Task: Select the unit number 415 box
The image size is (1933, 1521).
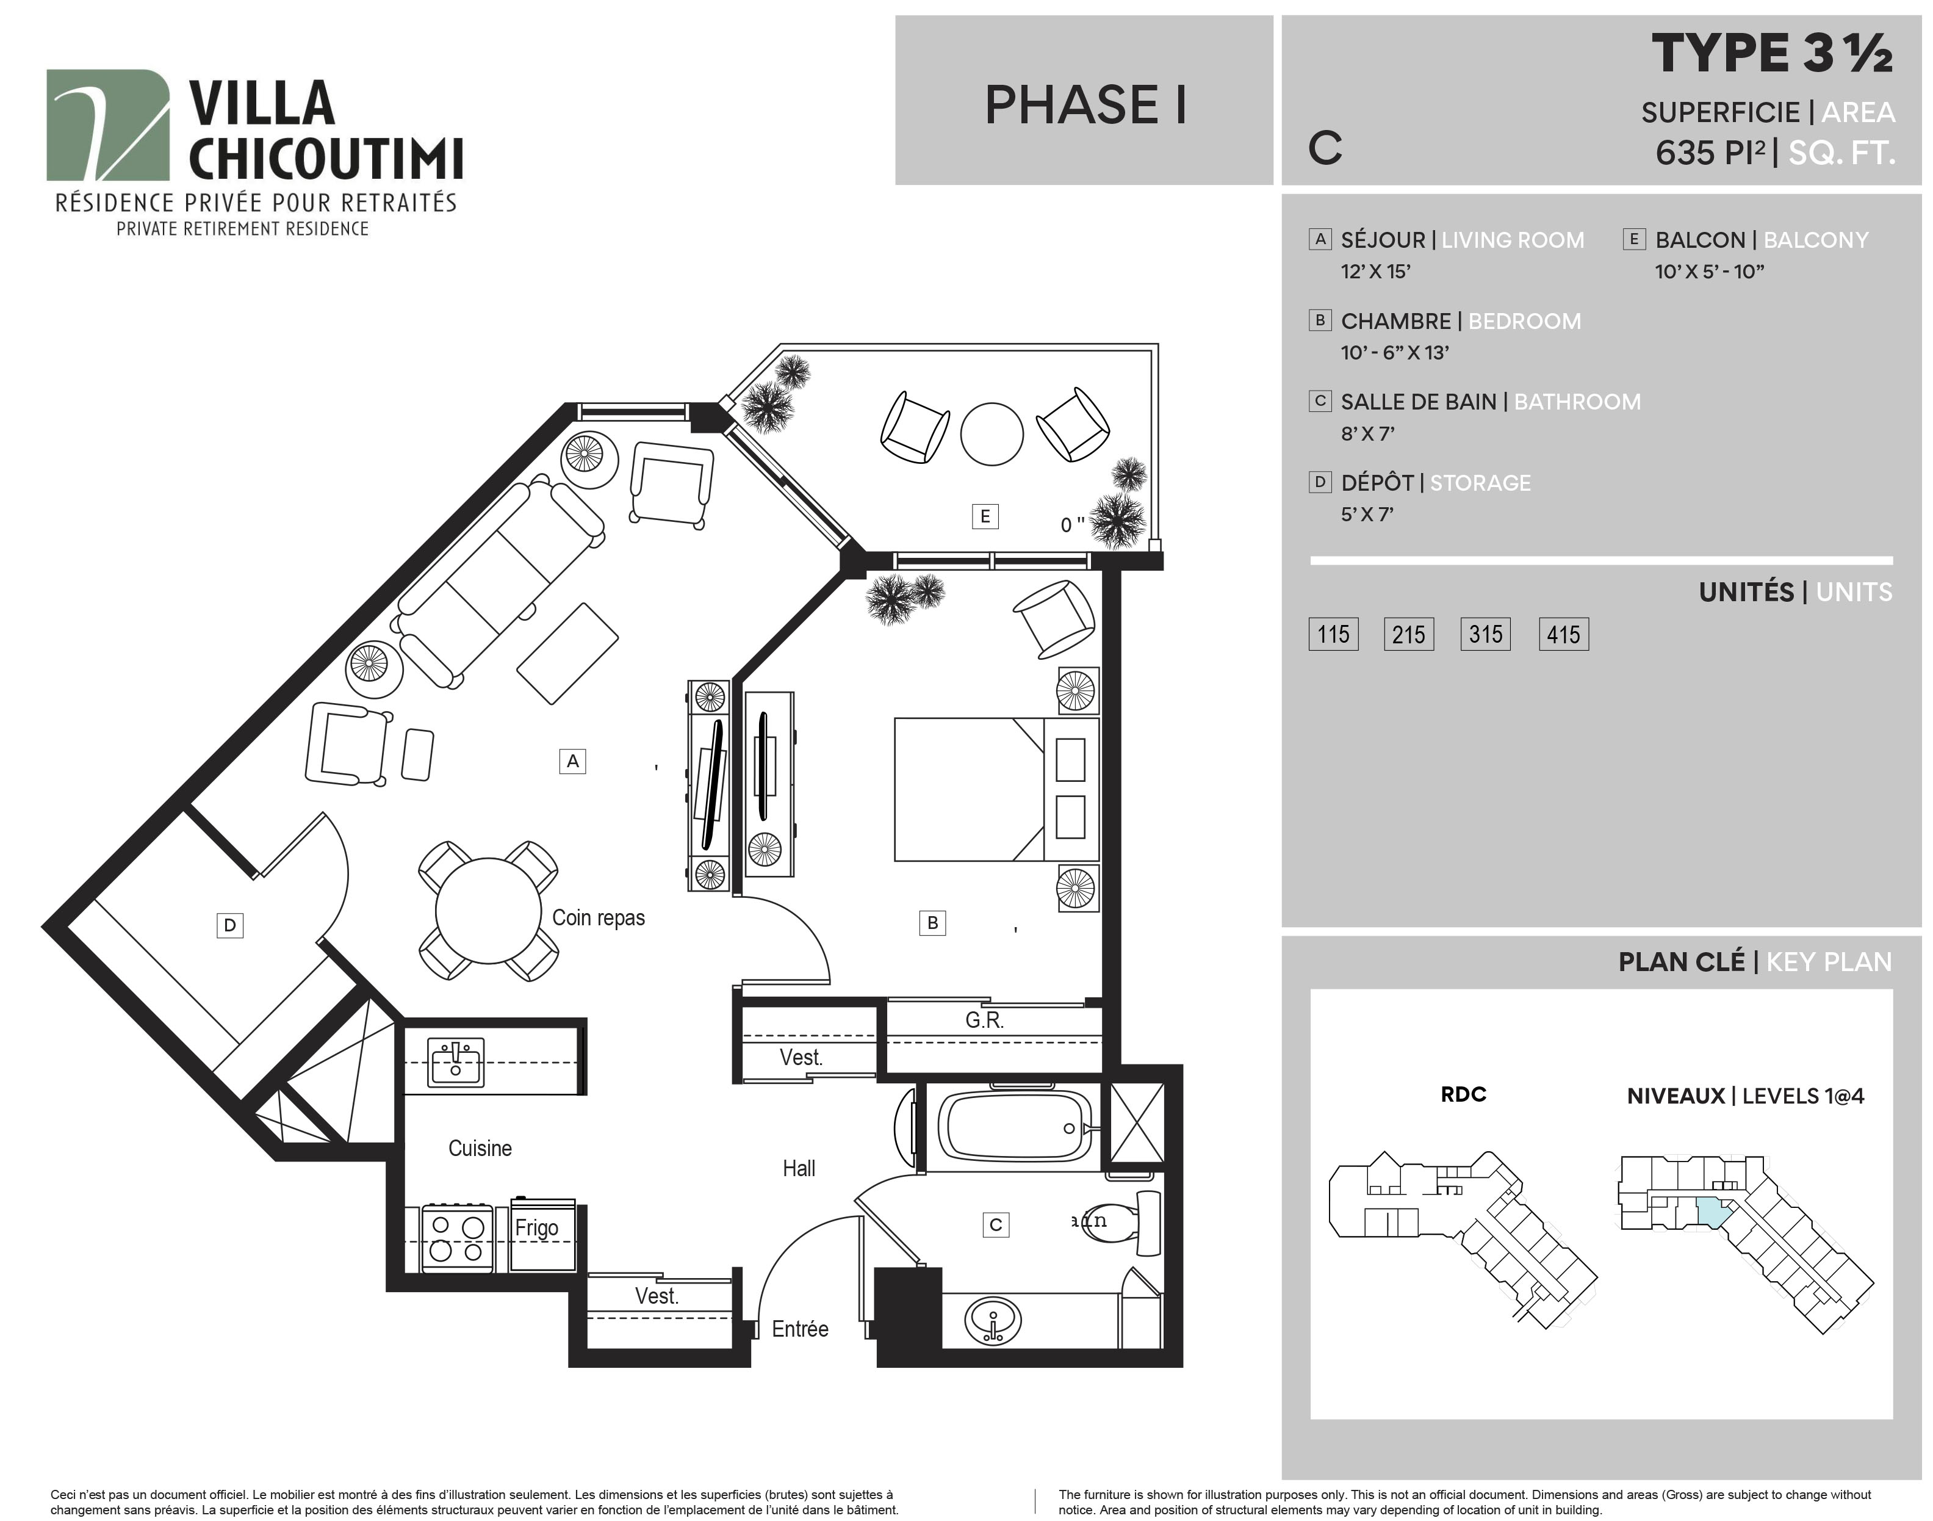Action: pos(1563,634)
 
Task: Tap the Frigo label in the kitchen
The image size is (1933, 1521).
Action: pos(537,1227)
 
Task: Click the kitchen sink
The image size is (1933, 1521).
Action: pos(456,1063)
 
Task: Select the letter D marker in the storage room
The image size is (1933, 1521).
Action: pos(229,925)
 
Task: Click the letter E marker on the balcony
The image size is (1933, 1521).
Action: pos(985,516)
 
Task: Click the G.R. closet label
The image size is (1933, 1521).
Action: pos(985,1021)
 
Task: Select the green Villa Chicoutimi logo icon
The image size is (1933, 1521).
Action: pos(108,126)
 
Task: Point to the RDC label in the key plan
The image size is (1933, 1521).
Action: pos(1463,1094)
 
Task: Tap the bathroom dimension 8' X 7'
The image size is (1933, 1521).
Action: pos(1367,434)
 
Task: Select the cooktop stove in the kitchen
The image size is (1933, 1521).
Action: pos(457,1238)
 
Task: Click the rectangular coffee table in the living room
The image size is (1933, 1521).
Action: pos(568,654)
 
